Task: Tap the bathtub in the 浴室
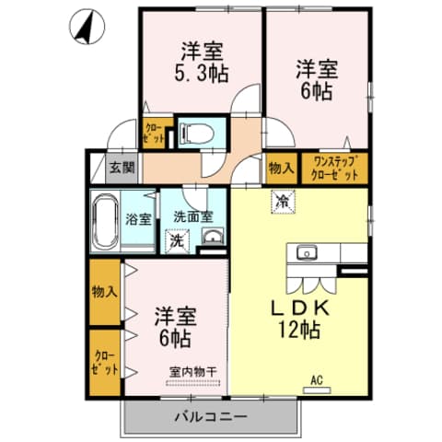click(105, 221)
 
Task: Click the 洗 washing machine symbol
click(175, 240)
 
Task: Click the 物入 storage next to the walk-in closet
click(280, 169)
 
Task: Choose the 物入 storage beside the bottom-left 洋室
click(105, 293)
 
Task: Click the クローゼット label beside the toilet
click(153, 134)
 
